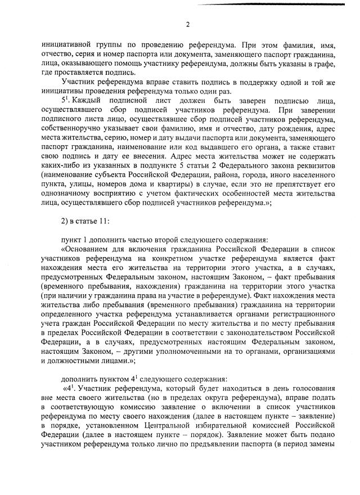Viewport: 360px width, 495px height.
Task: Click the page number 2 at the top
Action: (187, 24)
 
